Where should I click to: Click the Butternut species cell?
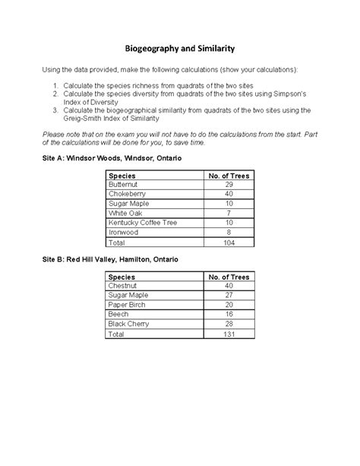pyautogui.click(x=127, y=185)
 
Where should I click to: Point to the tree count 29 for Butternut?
pyautogui.click(x=229, y=185)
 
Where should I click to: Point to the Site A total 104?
pyautogui.click(x=229, y=243)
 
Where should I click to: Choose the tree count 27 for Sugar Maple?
pyautogui.click(x=229, y=296)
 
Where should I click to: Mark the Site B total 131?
pyautogui.click(x=229, y=334)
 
